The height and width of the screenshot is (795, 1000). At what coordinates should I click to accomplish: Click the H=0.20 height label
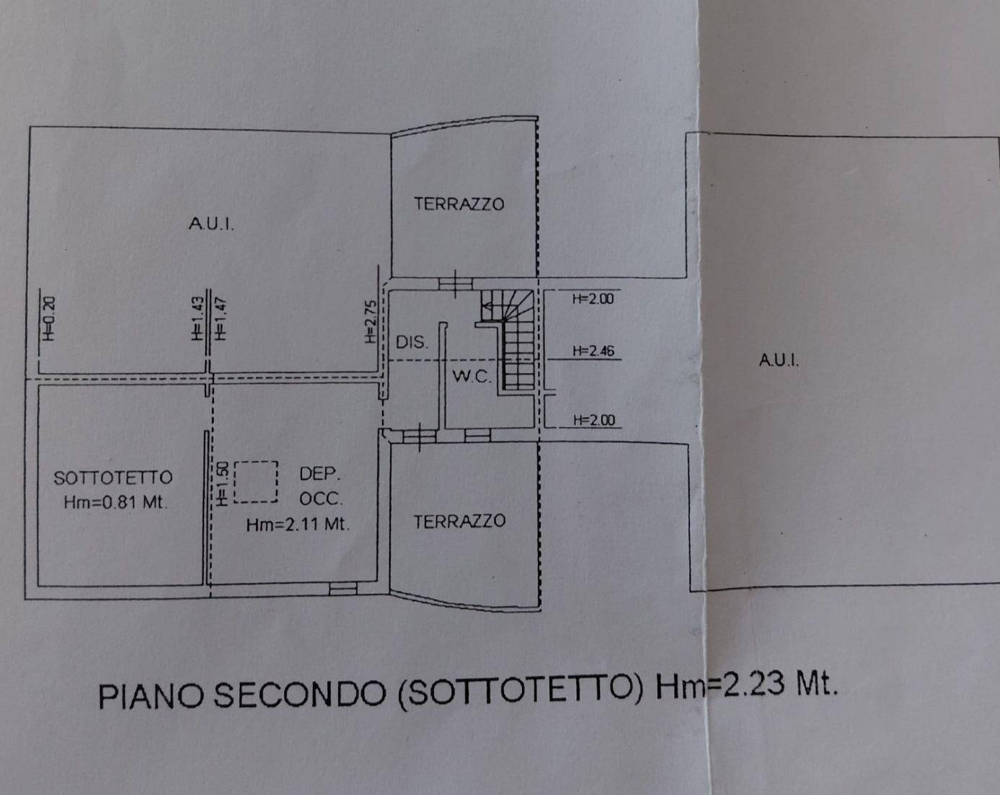49,318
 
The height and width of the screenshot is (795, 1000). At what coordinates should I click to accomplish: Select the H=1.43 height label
198,318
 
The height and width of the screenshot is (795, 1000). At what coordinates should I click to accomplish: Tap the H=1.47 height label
221,318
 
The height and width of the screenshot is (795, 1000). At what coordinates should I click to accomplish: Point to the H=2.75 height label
371,322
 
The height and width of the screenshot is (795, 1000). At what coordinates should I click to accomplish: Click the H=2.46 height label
593,351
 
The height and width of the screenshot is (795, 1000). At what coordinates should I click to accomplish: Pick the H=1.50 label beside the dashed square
222,483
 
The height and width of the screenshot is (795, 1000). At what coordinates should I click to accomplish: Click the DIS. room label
412,343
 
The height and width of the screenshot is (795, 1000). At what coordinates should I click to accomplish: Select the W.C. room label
472,377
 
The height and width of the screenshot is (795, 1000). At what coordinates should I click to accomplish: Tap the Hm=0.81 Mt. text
115,503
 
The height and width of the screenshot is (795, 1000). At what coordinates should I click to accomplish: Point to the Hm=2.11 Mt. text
298,525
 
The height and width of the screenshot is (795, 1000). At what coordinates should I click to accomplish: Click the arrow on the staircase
487,306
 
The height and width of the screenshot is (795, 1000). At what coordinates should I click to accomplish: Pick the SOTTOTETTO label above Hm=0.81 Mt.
113,478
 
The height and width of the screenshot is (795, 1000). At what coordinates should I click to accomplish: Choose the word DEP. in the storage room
320,474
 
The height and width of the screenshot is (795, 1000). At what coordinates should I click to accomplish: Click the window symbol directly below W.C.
477,436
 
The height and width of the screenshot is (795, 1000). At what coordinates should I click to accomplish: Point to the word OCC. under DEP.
321,498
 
